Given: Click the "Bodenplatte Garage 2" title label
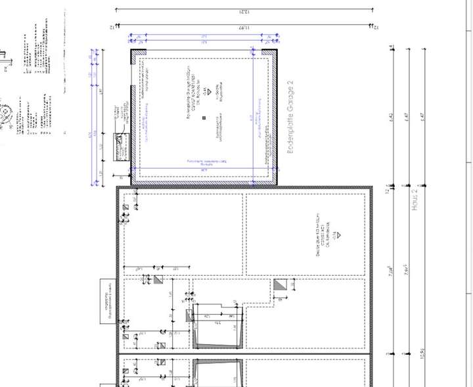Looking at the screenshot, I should pos(290,118).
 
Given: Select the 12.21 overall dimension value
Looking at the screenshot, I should pos(244,13).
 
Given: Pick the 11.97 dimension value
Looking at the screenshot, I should pos(244,27).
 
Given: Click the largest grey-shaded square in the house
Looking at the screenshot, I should pos(281,285).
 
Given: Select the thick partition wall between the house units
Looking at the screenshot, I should pos(243,354).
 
